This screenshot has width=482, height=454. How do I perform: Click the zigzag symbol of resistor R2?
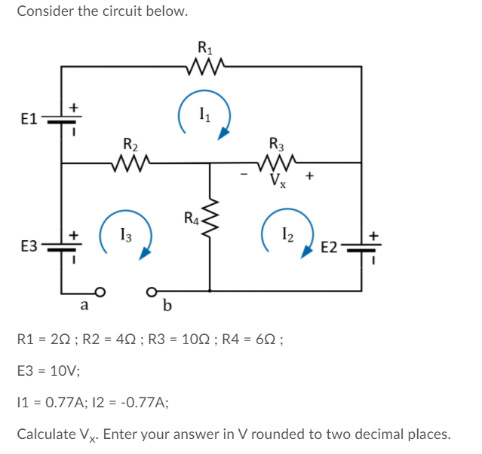pyautogui.click(x=130, y=161)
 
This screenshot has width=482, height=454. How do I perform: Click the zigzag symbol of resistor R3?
pyautogui.click(x=277, y=161)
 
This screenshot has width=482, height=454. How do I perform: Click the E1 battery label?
pyautogui.click(x=29, y=119)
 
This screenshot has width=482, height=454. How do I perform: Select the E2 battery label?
pyautogui.click(x=330, y=247)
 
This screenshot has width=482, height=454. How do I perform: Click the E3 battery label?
pyautogui.click(x=29, y=246)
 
